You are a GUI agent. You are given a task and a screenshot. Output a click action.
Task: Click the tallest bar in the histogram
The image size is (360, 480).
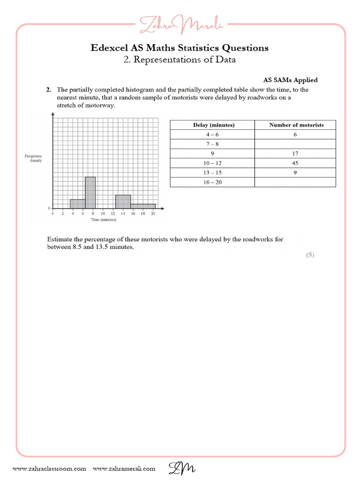click(90, 193)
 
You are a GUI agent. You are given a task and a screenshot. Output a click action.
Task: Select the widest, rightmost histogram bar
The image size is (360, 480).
click(143, 206)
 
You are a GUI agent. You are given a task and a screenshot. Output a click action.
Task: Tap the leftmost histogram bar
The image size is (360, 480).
click(77, 203)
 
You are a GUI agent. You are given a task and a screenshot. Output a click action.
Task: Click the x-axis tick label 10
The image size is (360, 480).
click(103, 214)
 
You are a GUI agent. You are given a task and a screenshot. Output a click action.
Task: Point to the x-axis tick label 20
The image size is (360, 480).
click(153, 214)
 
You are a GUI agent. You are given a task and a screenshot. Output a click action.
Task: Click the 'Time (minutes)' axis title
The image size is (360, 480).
click(104, 219)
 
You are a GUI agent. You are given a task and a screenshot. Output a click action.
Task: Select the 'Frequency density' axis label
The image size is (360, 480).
click(34, 158)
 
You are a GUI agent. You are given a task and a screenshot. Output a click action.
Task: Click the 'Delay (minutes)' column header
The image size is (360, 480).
click(214, 125)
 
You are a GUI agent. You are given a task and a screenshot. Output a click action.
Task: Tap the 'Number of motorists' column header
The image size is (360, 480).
click(296, 125)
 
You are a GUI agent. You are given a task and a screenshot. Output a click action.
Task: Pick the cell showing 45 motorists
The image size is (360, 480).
click(294, 163)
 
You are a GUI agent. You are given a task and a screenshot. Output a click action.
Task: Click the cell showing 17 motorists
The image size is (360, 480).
click(294, 154)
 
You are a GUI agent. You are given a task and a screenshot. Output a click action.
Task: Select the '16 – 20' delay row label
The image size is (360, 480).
click(212, 182)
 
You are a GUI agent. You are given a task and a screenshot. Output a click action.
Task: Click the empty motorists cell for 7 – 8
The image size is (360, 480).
click(295, 144)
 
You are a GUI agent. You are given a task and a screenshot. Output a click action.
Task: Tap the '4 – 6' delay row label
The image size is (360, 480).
click(212, 135)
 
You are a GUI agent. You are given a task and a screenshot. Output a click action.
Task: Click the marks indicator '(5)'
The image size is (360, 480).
click(310, 255)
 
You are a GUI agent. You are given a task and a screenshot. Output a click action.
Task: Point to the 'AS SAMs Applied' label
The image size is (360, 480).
click(287, 80)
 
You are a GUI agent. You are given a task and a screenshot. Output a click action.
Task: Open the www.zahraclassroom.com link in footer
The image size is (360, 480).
click(49, 469)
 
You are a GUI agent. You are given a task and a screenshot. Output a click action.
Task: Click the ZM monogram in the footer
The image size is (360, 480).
click(182, 468)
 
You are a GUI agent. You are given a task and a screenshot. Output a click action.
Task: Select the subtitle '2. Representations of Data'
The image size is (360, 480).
click(180, 60)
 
